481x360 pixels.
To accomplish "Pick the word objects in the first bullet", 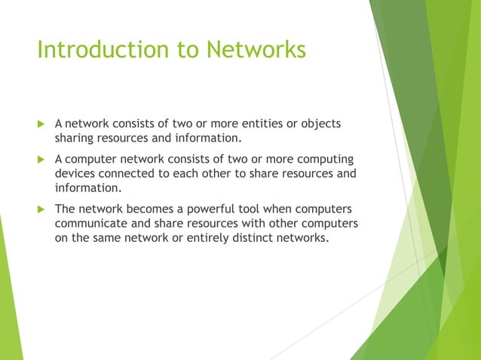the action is coord(320,124).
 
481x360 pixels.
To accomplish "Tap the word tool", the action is coord(267,209).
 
